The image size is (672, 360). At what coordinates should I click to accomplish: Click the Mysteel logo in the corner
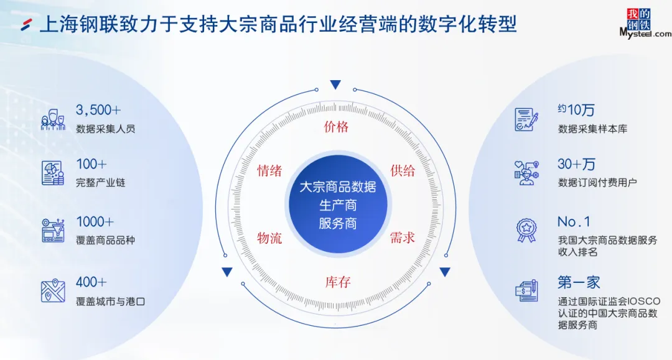point(645,24)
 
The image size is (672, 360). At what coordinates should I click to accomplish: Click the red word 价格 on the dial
point(337,127)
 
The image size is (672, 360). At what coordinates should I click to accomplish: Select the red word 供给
point(403,170)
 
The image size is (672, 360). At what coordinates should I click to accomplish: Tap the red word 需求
point(403,238)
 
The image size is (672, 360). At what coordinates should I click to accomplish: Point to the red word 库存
point(338,282)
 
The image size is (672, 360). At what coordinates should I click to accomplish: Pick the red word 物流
point(269,238)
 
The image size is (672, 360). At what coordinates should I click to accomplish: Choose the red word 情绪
point(269,171)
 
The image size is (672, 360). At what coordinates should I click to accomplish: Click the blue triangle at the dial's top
point(336,85)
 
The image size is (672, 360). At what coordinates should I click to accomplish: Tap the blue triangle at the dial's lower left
point(227,272)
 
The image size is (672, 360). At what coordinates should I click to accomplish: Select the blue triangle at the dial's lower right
point(445,272)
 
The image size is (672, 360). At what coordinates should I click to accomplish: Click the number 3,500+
point(98,110)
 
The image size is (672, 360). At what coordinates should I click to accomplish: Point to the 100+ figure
point(91,164)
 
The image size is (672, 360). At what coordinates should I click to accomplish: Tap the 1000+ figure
point(95,222)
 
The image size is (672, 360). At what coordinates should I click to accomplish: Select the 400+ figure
point(91,282)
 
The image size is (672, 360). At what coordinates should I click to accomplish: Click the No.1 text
point(574,222)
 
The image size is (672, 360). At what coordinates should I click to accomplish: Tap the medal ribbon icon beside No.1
point(526,229)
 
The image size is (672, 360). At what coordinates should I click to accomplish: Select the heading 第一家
point(579,282)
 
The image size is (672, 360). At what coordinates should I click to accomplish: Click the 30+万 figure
point(576,164)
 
